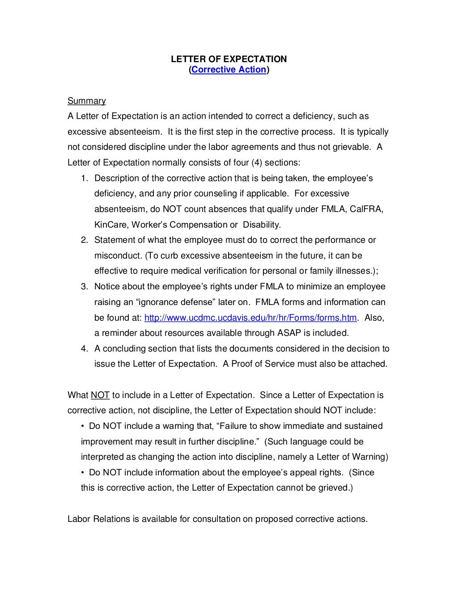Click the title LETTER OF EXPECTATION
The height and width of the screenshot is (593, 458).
[229, 59]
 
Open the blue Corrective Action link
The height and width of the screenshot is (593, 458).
[229, 70]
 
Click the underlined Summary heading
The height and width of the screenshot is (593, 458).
[86, 101]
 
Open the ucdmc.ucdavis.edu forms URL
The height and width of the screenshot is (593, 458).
[250, 318]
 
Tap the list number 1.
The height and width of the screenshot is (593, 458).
[84, 178]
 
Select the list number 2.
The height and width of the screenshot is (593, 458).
[84, 240]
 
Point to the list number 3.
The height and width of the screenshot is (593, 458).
[84, 287]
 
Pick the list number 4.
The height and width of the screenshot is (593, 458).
[84, 349]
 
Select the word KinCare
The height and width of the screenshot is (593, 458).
[110, 225]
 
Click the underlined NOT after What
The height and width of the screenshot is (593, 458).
[100, 395]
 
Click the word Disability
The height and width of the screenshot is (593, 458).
[262, 225]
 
